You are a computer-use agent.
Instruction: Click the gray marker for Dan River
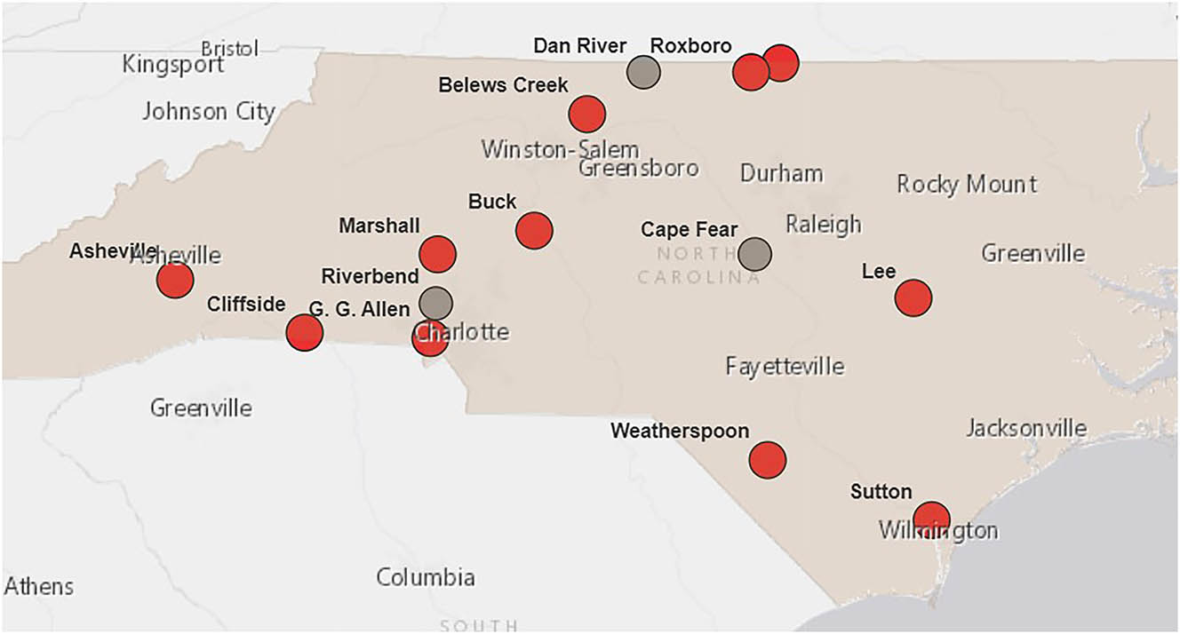[643, 72]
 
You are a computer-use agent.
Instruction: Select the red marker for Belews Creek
[587, 114]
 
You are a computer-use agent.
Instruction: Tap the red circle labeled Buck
[534, 231]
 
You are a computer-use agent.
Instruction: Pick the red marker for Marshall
[438, 254]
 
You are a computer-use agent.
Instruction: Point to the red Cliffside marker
[305, 333]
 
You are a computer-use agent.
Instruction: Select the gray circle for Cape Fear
[755, 254]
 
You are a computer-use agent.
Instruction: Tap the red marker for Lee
[913, 297]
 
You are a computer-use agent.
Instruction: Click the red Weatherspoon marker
[768, 460]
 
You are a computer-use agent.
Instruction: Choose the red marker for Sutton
[931, 519]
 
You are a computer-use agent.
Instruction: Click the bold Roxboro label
[691, 46]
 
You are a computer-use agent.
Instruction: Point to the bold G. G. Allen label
[360, 310]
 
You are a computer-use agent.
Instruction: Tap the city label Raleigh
[824, 225]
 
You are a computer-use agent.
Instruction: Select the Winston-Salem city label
[560, 149]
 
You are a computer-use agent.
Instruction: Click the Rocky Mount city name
[967, 185]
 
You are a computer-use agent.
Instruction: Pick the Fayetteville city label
[785, 366]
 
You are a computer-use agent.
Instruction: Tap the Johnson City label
[209, 112]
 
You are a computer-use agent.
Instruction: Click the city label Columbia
[426, 577]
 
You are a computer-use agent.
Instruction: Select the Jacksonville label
[1026, 429]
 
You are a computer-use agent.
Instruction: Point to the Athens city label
[39, 586]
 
